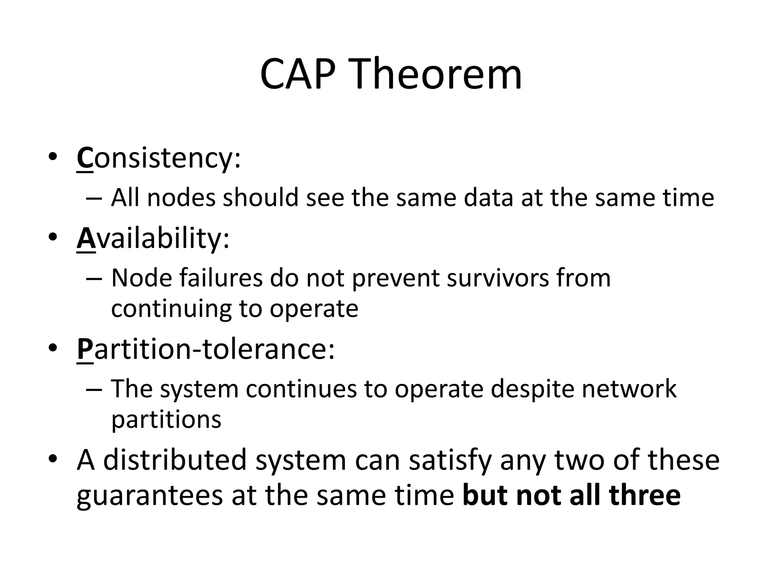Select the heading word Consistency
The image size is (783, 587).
(159, 158)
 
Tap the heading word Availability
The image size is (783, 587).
(153, 239)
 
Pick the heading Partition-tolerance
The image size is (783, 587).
(205, 349)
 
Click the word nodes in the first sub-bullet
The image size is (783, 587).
(181, 198)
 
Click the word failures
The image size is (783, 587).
(221, 278)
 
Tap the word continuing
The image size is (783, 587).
(171, 309)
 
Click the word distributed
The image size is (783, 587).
(175, 460)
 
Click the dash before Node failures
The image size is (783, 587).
(94, 279)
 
